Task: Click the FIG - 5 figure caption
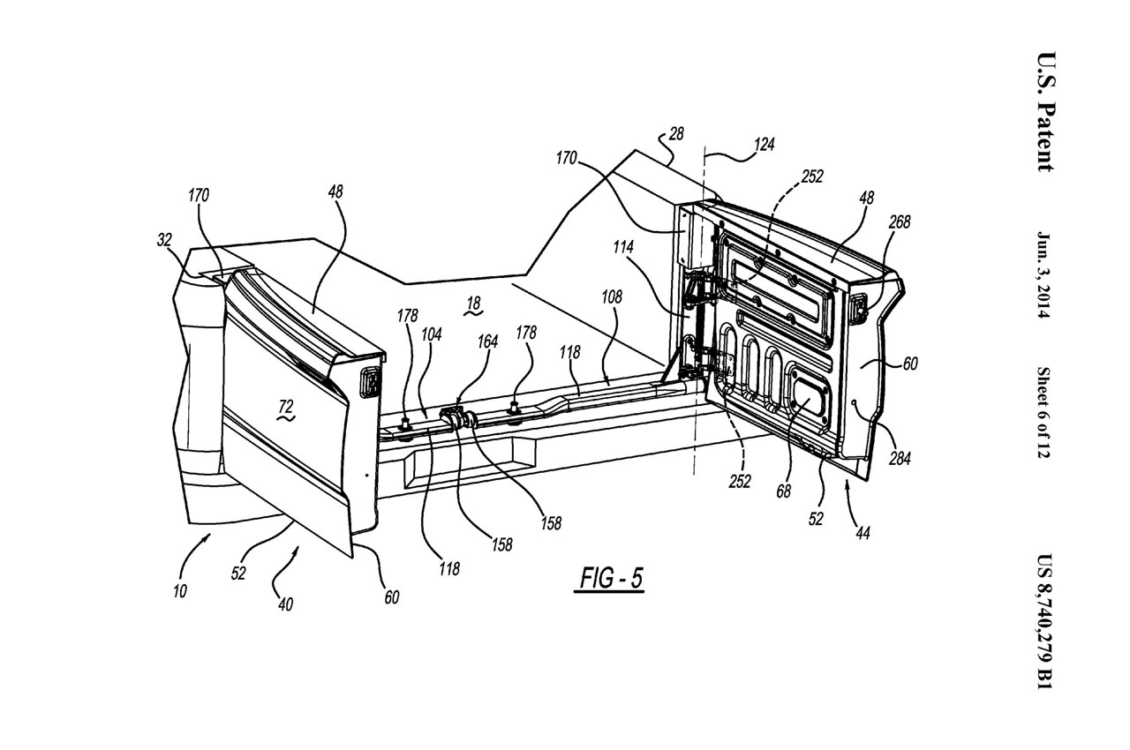pyautogui.click(x=611, y=578)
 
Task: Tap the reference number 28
pyautogui.click(x=675, y=133)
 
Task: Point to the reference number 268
pyautogui.click(x=900, y=222)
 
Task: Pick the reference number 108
pyautogui.click(x=611, y=297)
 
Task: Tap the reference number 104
pyautogui.click(x=432, y=334)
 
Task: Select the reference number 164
pyautogui.click(x=487, y=341)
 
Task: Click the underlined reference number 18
pyautogui.click(x=473, y=304)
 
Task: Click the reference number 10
pyautogui.click(x=179, y=591)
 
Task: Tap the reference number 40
pyautogui.click(x=285, y=604)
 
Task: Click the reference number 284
pyautogui.click(x=900, y=459)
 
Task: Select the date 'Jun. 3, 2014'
pyautogui.click(x=1046, y=276)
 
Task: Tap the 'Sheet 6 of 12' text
pyautogui.click(x=1046, y=411)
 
